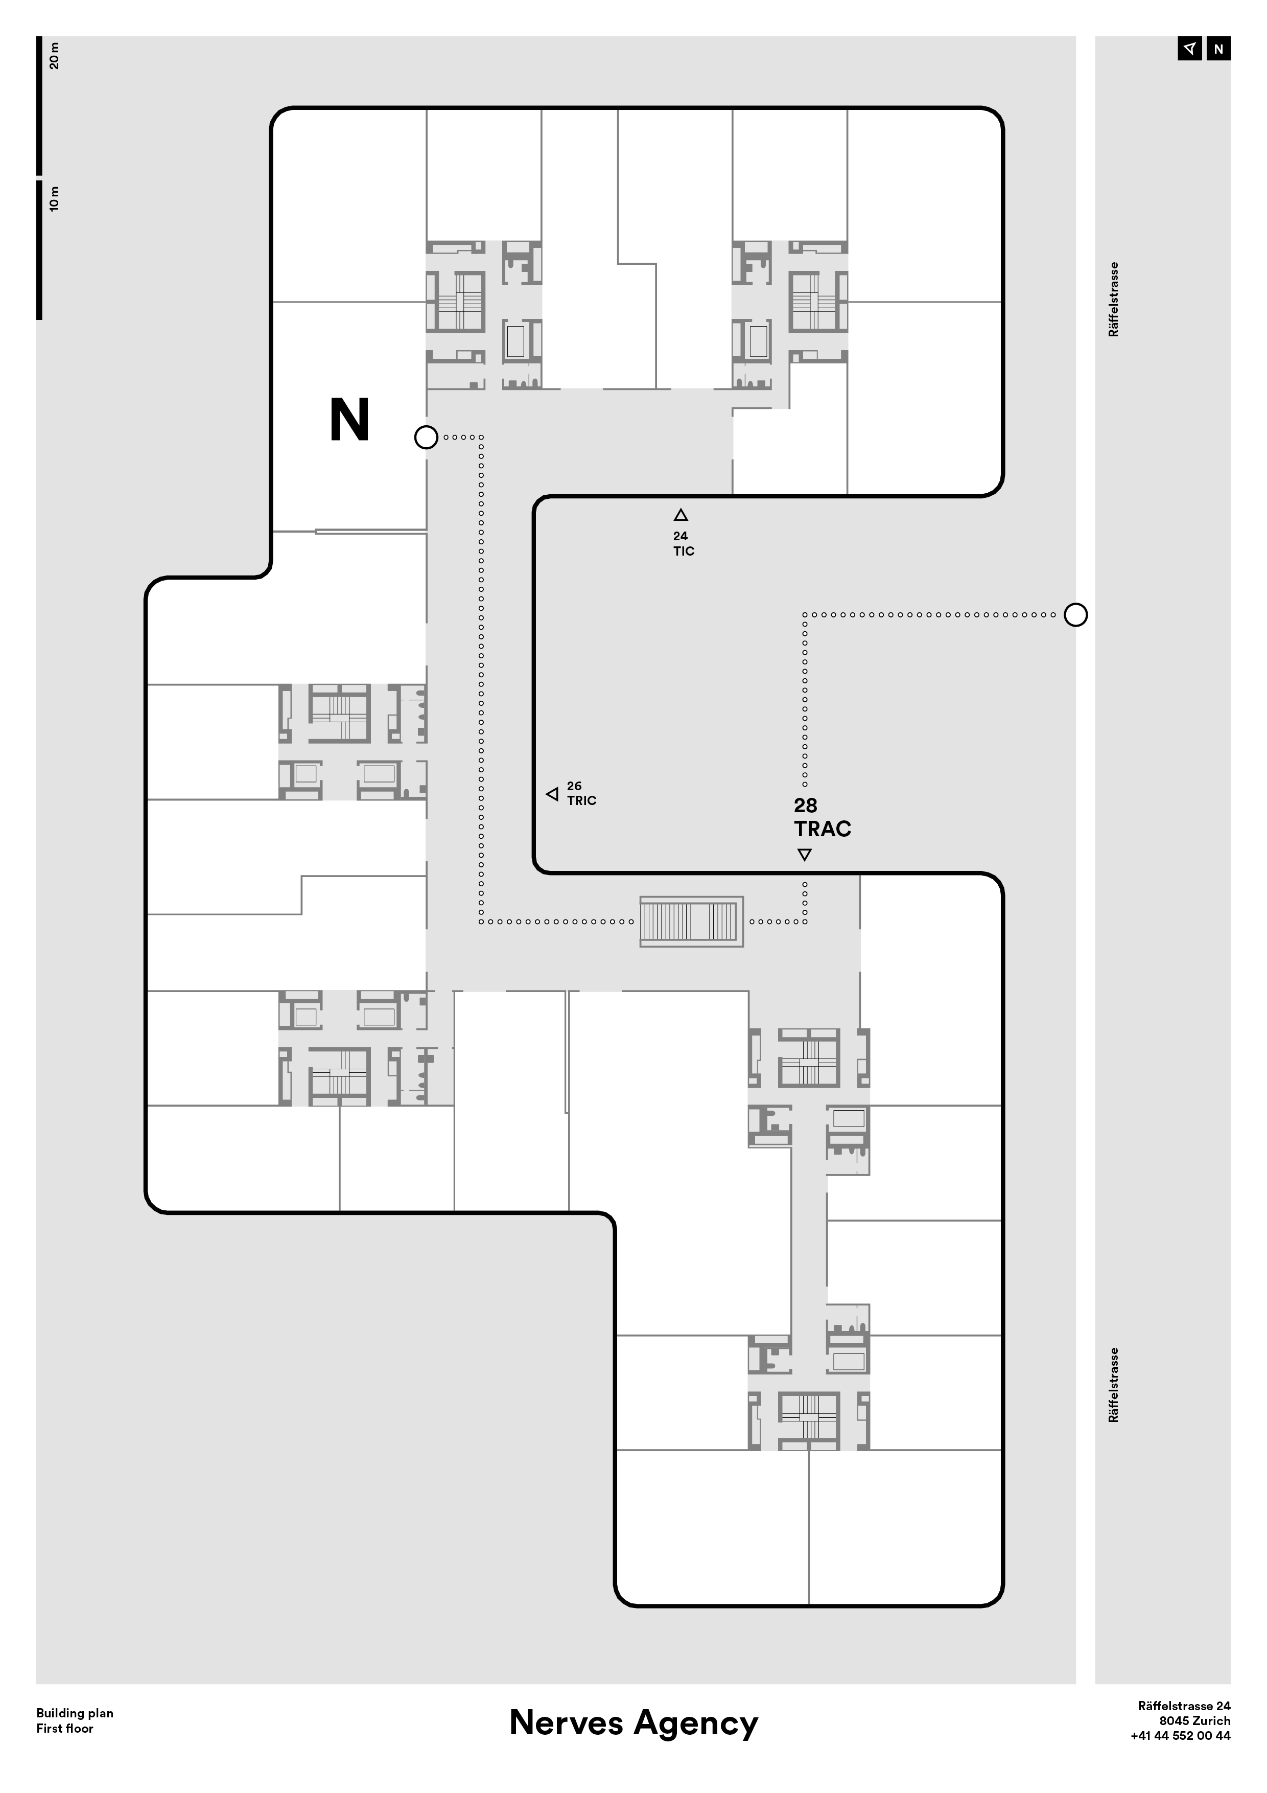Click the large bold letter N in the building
(349, 420)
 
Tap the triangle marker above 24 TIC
(681, 515)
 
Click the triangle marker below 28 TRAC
(805, 854)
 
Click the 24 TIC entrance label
(684, 543)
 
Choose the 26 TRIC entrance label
(581, 793)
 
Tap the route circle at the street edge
(1076, 614)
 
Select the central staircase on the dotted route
(689, 922)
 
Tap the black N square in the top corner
(1218, 49)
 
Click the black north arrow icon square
(1190, 49)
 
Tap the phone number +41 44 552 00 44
(1180, 1735)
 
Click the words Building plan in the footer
(75, 1713)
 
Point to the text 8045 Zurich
(1194, 1720)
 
